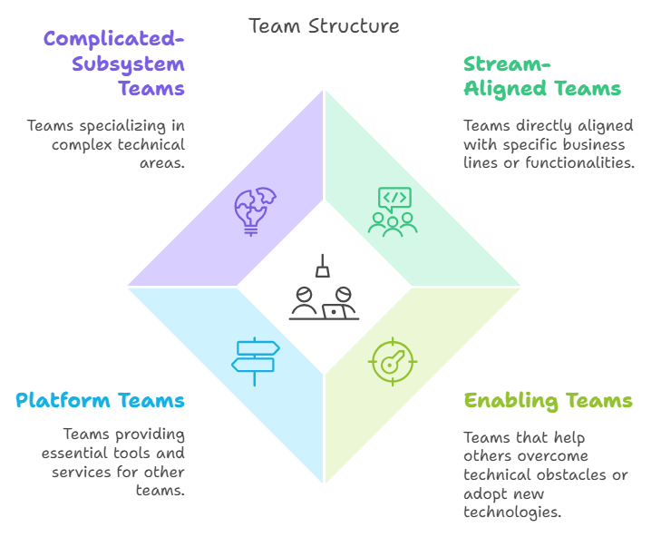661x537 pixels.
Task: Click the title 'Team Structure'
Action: [x=324, y=25]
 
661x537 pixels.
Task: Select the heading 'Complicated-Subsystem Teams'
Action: [x=114, y=63]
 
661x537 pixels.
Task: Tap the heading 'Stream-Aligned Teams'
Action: [x=541, y=76]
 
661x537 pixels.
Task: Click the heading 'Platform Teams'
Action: [x=100, y=400]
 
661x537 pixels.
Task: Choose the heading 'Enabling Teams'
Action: [x=548, y=400]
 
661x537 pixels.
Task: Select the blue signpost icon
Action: [x=255, y=359]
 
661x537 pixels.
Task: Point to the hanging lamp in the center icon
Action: [x=323, y=268]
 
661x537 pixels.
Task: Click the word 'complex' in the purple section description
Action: [x=80, y=144]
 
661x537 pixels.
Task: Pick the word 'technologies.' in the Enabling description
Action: [x=512, y=512]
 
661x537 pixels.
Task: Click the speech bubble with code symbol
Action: [x=394, y=198]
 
